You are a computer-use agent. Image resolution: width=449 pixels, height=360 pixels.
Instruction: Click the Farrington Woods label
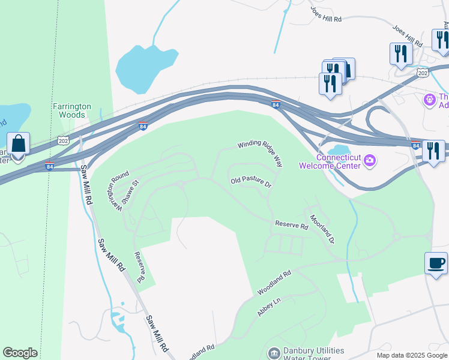71,110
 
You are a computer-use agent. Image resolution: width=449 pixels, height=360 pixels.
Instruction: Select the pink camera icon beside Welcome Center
370,160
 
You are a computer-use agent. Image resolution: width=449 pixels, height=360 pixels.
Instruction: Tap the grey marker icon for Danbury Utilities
274,352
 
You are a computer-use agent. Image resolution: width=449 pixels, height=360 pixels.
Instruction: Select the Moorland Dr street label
322,228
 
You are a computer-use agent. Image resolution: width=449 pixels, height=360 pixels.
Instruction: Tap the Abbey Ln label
269,305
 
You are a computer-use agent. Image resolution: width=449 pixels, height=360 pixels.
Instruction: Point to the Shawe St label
131,193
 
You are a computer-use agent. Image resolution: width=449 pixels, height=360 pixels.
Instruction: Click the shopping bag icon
19,145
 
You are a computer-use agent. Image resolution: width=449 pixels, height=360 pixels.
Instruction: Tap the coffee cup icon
436,263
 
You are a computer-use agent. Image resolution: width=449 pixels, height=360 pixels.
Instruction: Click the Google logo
20,353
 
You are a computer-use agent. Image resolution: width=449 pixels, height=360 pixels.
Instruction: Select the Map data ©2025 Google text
411,355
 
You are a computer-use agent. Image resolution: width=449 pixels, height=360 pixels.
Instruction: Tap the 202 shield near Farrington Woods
64,140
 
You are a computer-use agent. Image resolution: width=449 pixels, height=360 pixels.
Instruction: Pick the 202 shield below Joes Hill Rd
423,72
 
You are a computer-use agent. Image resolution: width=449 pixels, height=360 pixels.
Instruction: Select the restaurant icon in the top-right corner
441,39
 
